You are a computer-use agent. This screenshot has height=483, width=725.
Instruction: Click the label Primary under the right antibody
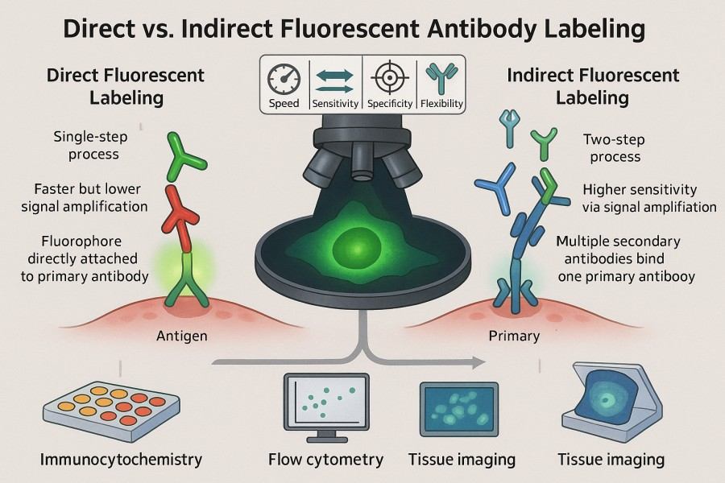point(514,336)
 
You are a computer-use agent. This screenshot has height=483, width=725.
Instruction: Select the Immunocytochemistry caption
point(121,460)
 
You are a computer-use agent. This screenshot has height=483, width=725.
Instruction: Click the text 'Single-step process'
point(86,145)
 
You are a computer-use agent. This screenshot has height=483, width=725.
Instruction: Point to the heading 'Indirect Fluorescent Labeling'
point(593,87)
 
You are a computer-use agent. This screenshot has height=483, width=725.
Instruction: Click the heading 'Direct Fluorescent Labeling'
point(126,87)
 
